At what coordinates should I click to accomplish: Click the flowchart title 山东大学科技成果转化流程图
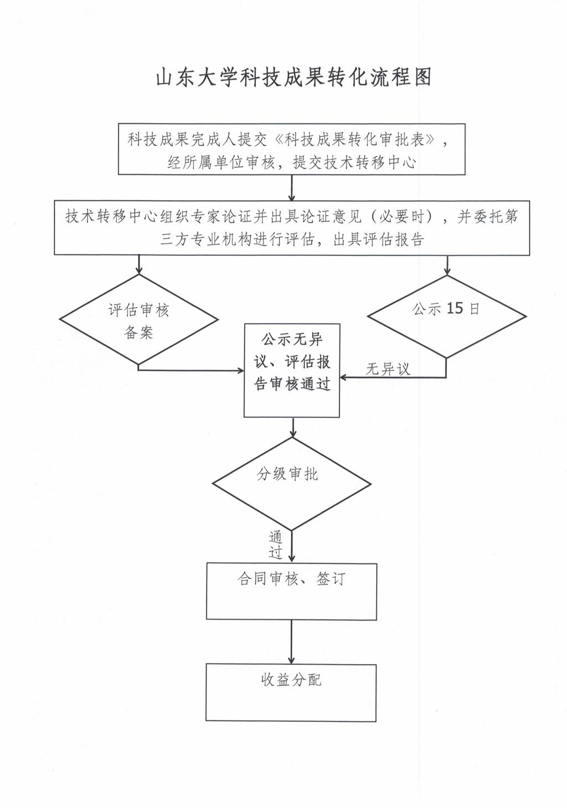[293, 77]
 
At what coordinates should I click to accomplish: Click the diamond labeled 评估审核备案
[138, 320]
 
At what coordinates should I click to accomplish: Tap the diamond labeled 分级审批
[291, 484]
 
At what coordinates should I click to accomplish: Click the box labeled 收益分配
[291, 692]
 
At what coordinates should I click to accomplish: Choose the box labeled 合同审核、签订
[291, 591]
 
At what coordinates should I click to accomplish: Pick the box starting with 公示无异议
[292, 370]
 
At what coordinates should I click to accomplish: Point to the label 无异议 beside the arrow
[388, 369]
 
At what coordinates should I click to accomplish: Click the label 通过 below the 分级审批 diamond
[276, 544]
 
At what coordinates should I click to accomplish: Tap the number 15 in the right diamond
[454, 308]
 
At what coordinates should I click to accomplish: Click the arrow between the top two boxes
[292, 188]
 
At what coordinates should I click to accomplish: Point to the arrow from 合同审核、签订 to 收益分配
[291, 642]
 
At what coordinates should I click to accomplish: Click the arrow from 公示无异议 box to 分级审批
[292, 427]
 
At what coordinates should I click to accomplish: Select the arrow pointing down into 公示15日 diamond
[447, 265]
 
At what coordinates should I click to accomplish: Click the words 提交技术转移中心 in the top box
[354, 163]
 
